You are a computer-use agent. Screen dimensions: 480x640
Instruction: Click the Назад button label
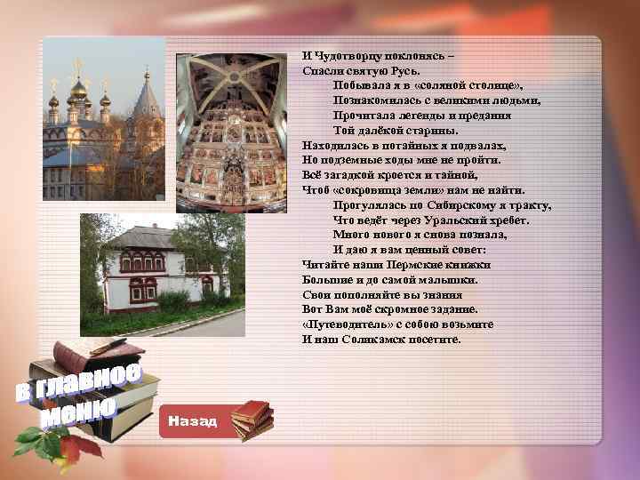click(x=192, y=420)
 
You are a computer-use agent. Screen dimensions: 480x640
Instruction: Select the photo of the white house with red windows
click(x=162, y=275)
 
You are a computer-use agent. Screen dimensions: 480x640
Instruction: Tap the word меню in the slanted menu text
click(x=80, y=411)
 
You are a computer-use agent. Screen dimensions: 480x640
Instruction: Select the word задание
click(x=452, y=309)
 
